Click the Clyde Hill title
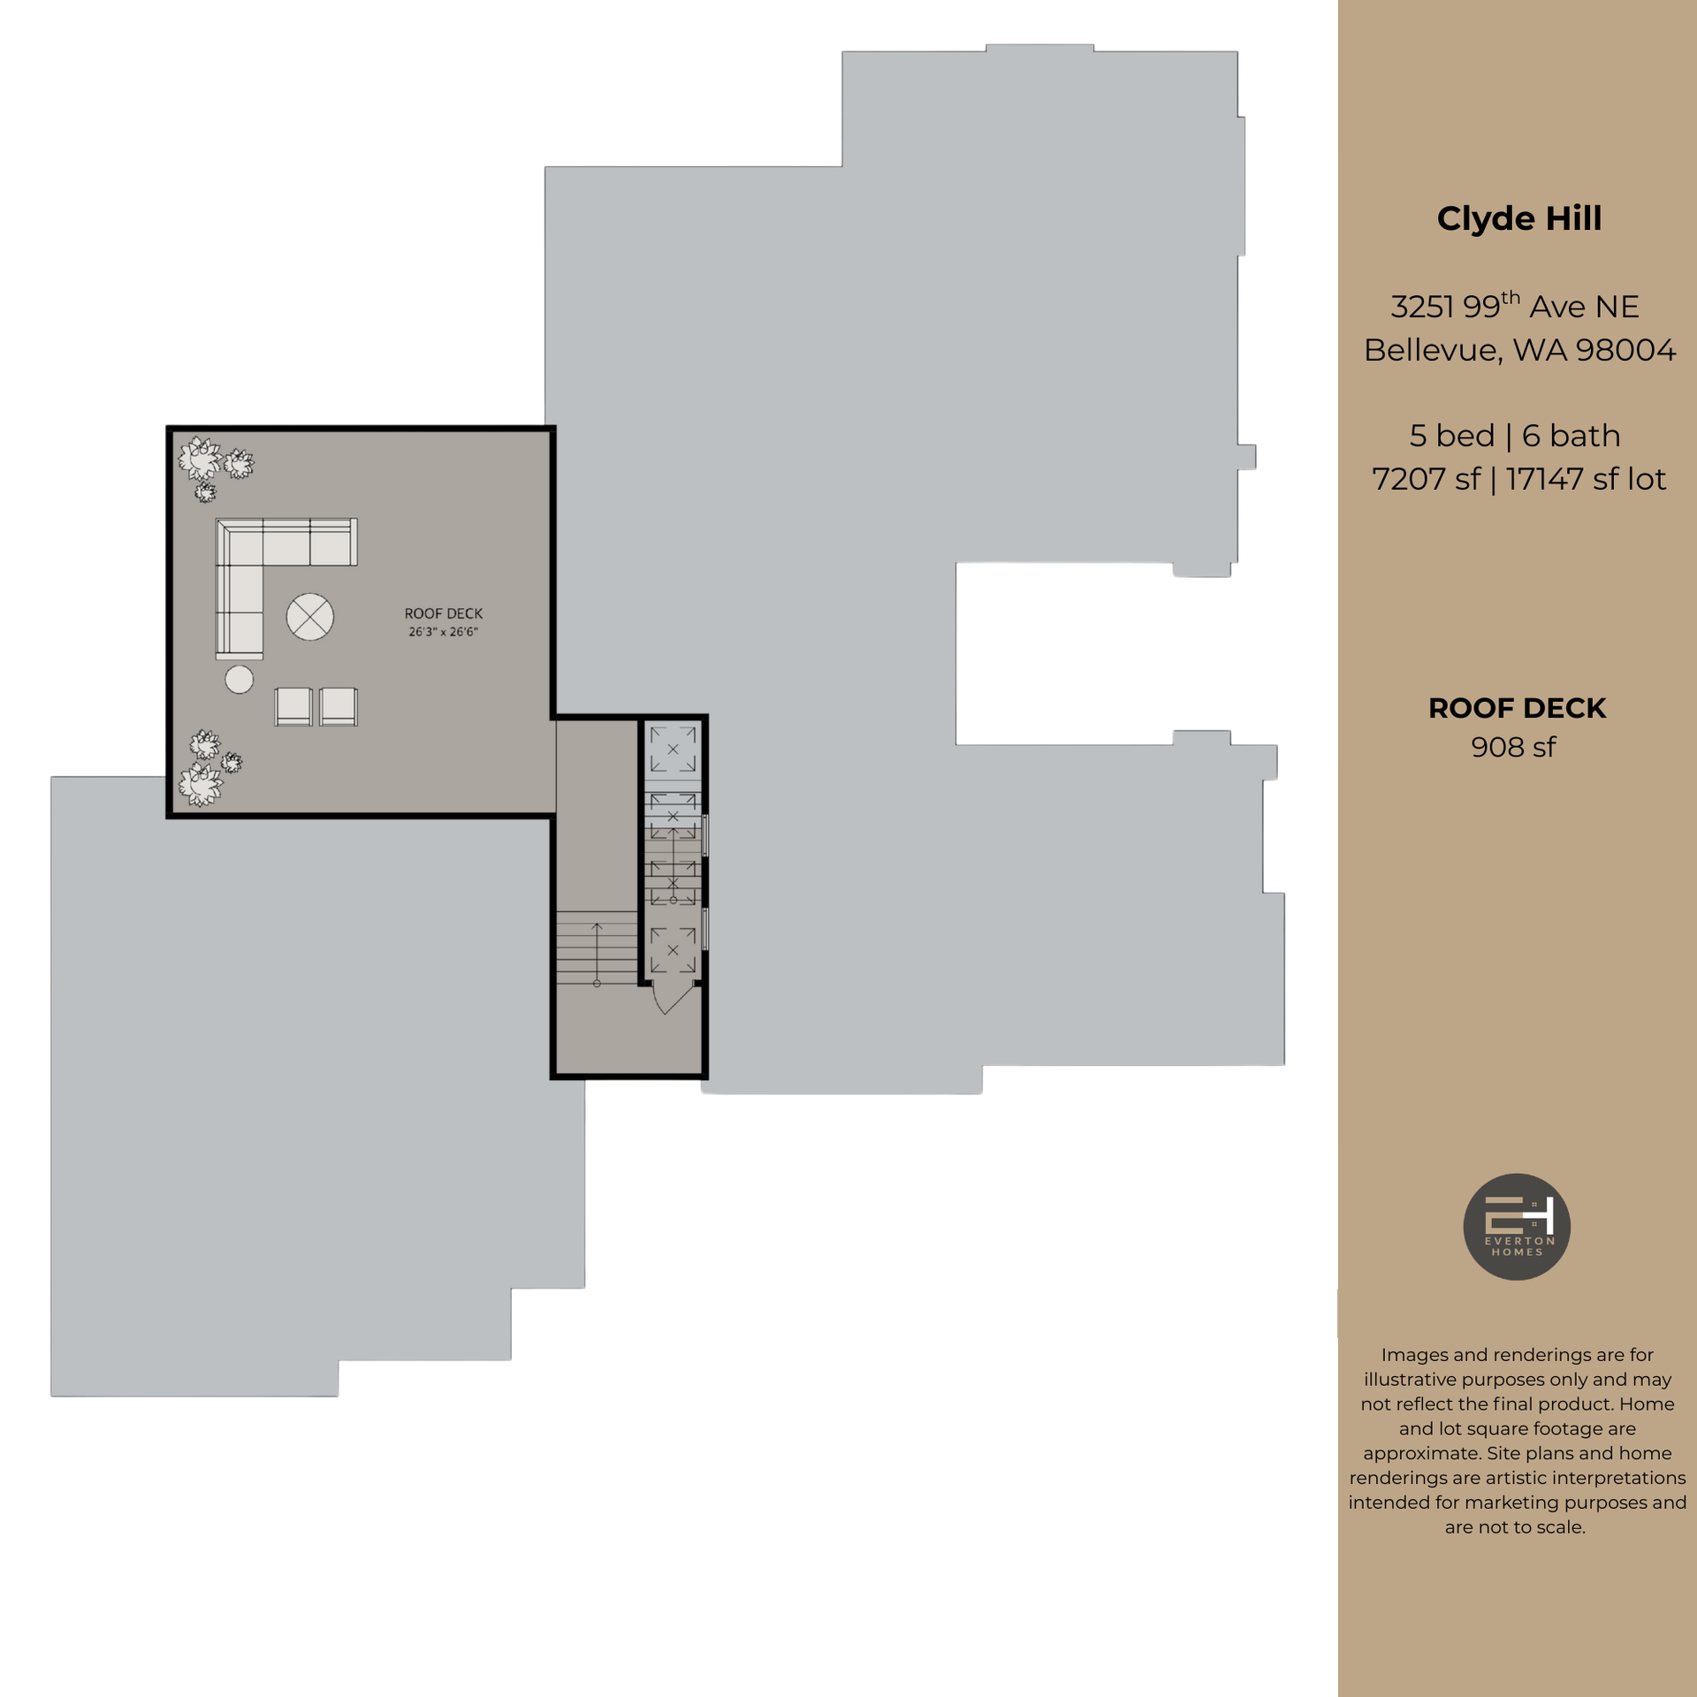click(x=1518, y=218)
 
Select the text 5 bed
click(x=1451, y=436)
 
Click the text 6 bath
click(x=1571, y=436)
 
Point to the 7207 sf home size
click(x=1425, y=479)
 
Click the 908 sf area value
click(x=1513, y=747)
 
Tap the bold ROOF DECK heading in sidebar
click(x=1517, y=708)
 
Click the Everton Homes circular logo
click(x=1517, y=1226)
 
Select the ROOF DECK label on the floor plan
click(x=444, y=613)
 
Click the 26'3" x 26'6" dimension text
click(x=444, y=632)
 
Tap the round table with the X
click(x=310, y=616)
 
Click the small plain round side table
click(x=240, y=679)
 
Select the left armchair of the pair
click(x=293, y=707)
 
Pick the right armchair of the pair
click(x=339, y=707)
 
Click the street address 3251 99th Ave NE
click(x=1515, y=307)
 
